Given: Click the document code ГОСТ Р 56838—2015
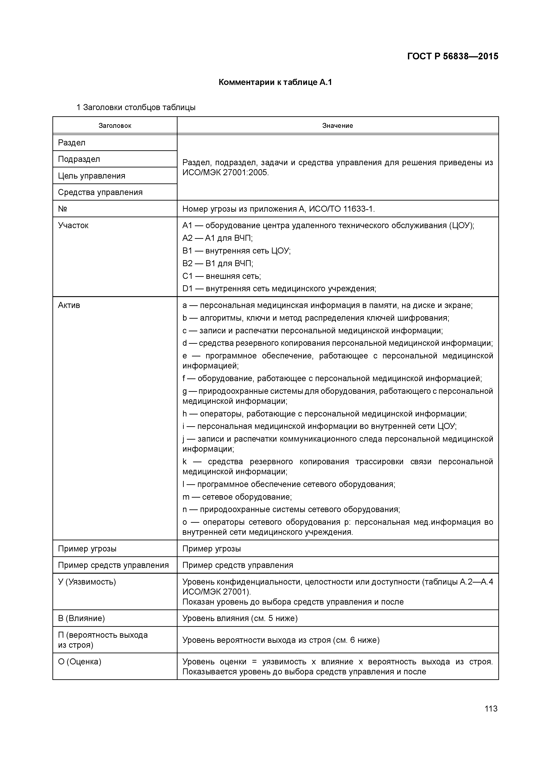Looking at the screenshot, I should pos(453,56).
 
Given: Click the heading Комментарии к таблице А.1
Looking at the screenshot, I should pos(275,82).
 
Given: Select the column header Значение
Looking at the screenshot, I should pos(337,126).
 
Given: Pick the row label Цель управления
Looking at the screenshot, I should pos(92,176).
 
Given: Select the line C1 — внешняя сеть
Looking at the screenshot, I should pos(222,276).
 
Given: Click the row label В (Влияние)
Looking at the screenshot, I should pos(82,618).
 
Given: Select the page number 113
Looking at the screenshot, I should pos(491,709).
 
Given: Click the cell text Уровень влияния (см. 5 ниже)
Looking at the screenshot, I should pos(240,618).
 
